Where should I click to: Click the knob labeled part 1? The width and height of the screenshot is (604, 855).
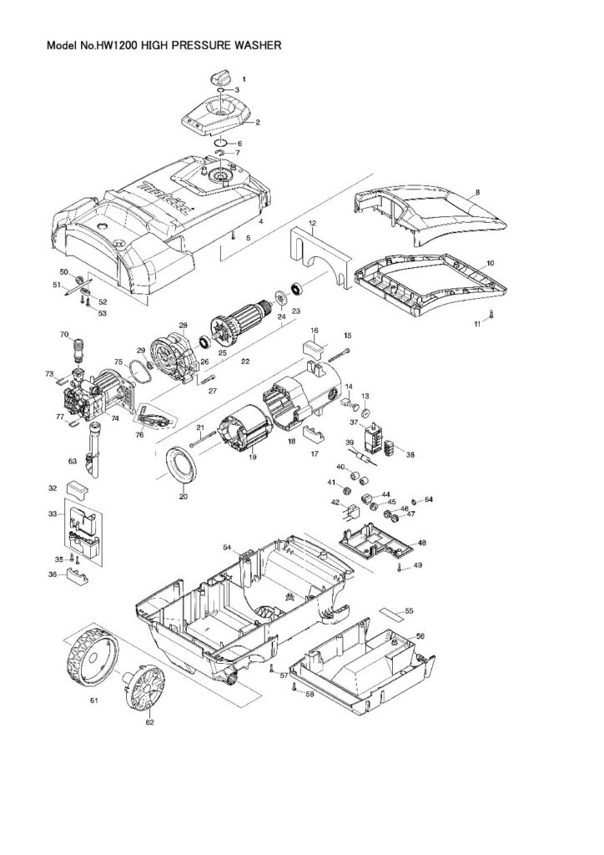click(x=219, y=77)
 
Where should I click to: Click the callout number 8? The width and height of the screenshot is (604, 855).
click(x=477, y=192)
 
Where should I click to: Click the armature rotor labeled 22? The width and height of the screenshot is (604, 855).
click(x=244, y=327)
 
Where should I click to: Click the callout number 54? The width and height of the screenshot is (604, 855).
click(x=226, y=546)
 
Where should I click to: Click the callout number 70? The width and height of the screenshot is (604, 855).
click(x=63, y=335)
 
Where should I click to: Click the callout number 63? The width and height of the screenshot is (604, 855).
click(x=72, y=459)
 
